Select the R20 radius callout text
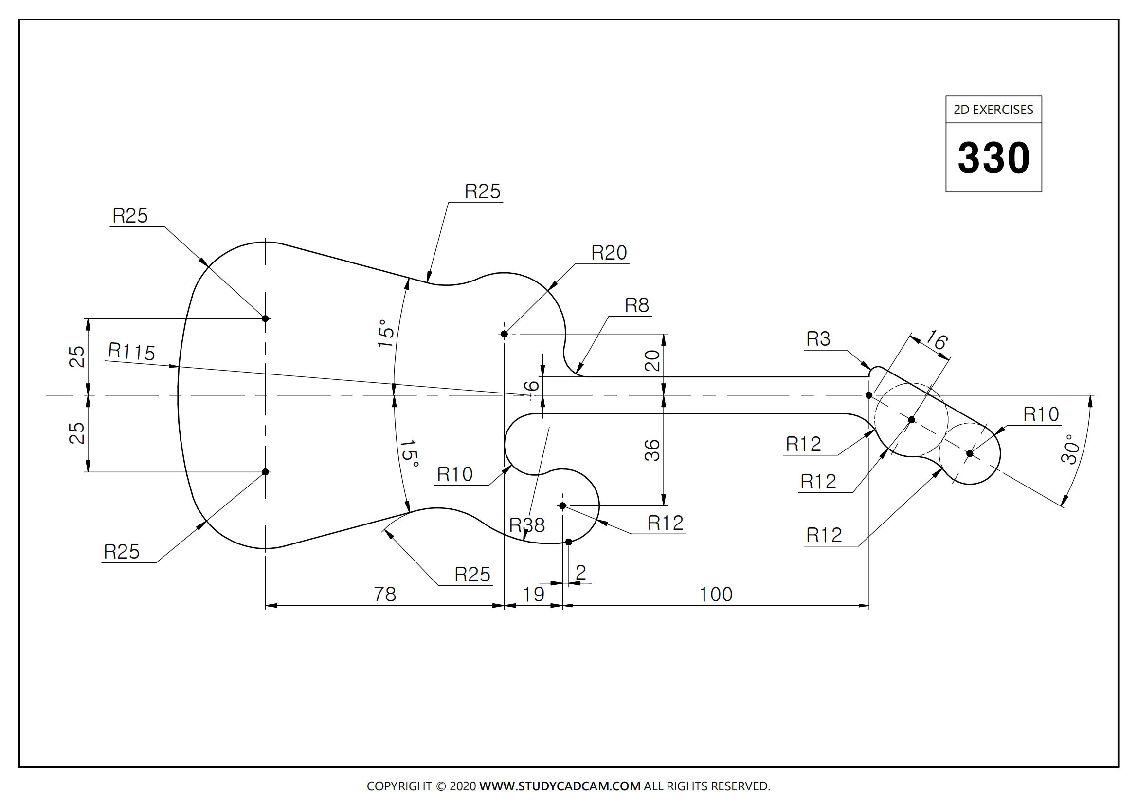tap(609, 253)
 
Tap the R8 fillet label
tap(637, 305)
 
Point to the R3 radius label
tap(818, 339)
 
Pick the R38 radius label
tap(527, 525)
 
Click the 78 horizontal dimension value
tap(385, 594)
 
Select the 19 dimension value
tap(534, 594)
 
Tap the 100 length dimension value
tap(716, 594)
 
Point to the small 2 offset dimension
tap(581, 572)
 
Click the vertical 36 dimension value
tap(652, 450)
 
